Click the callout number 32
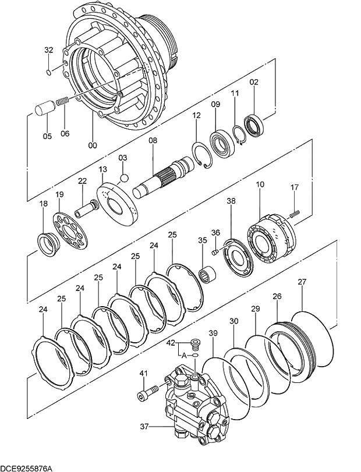(x=48, y=50)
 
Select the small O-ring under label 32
(x=48, y=72)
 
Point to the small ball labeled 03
(x=123, y=177)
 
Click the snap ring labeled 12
(x=201, y=154)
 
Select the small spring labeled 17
(x=294, y=214)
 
